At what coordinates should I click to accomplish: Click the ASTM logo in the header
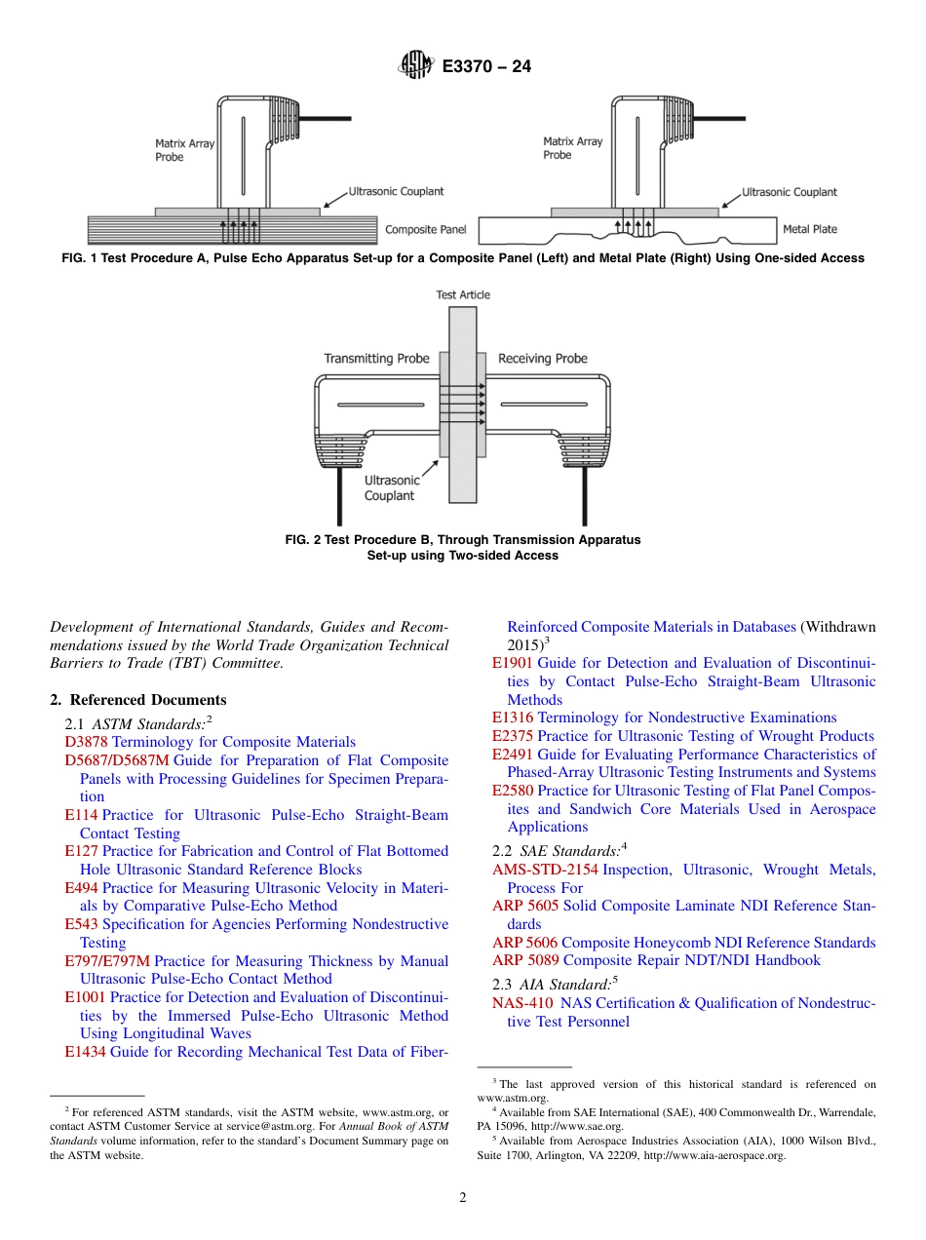[415, 66]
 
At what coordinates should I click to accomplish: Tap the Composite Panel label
[425, 230]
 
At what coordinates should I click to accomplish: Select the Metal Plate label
[809, 229]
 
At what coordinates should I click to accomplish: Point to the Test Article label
[463, 294]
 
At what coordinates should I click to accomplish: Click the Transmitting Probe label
[376, 359]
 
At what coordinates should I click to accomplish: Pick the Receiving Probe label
[542, 359]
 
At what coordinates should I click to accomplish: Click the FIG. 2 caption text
[463, 547]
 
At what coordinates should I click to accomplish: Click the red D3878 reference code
[87, 742]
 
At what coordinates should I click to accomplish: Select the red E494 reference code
[81, 888]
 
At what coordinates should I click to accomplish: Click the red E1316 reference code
[513, 717]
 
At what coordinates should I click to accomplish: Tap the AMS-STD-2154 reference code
[545, 870]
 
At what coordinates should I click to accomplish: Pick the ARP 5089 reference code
[525, 960]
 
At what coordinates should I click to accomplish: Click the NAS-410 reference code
[522, 1003]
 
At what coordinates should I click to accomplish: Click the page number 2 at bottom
[463, 1198]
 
